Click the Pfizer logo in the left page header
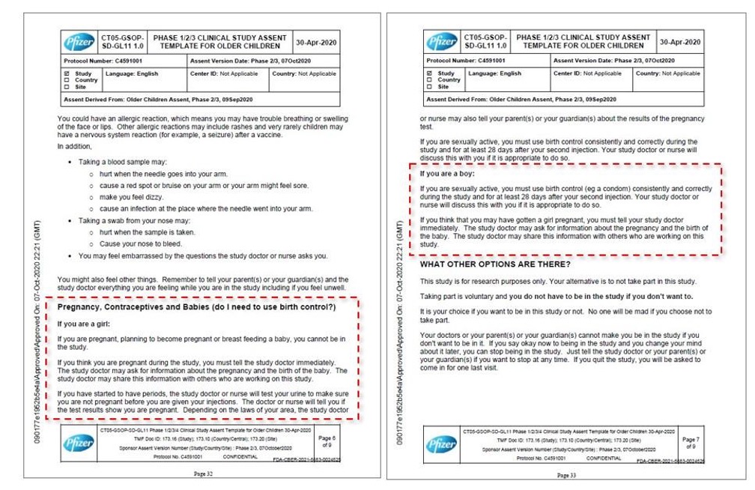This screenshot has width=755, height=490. coord(79,40)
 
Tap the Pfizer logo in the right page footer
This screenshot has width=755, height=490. coord(441,445)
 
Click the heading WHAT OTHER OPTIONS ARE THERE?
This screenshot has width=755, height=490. coord(495,264)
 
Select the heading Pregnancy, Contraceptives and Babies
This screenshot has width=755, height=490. coord(197,308)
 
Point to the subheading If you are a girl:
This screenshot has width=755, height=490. coord(84,324)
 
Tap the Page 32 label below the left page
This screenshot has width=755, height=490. coord(204,474)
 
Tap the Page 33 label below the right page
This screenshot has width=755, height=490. coord(566,475)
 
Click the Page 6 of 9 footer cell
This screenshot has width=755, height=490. coord(327,441)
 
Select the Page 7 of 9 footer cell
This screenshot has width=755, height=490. coord(690,441)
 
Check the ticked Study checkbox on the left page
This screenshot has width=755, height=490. coord(67,74)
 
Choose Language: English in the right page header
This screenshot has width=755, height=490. coord(494,73)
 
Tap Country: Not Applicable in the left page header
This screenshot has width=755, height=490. coord(304,74)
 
